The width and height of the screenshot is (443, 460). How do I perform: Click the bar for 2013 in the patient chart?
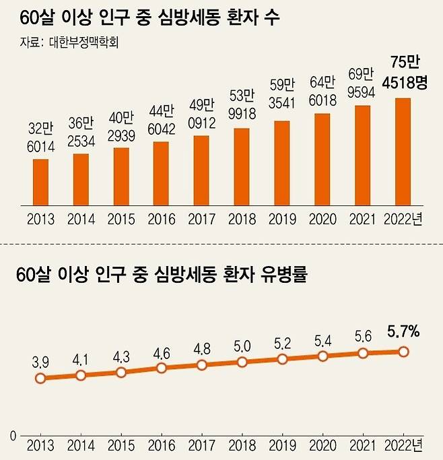[x=40, y=181]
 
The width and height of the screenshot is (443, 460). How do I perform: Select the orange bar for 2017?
[x=201, y=170]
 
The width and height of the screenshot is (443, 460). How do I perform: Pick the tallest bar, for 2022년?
[x=403, y=151]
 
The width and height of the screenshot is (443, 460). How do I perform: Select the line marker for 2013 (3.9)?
[x=40, y=379]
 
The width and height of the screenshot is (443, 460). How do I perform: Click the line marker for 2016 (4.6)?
[x=162, y=368]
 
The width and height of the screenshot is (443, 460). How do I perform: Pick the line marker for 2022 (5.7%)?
[x=403, y=351]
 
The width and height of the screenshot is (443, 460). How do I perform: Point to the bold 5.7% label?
[x=403, y=331]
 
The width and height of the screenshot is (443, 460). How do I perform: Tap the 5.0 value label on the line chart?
[x=242, y=346]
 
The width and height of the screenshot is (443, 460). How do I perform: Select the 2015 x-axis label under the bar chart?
[x=121, y=220]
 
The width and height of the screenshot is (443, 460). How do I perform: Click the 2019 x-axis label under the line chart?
[x=282, y=446]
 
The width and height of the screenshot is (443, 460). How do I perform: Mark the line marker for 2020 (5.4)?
[x=323, y=356]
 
